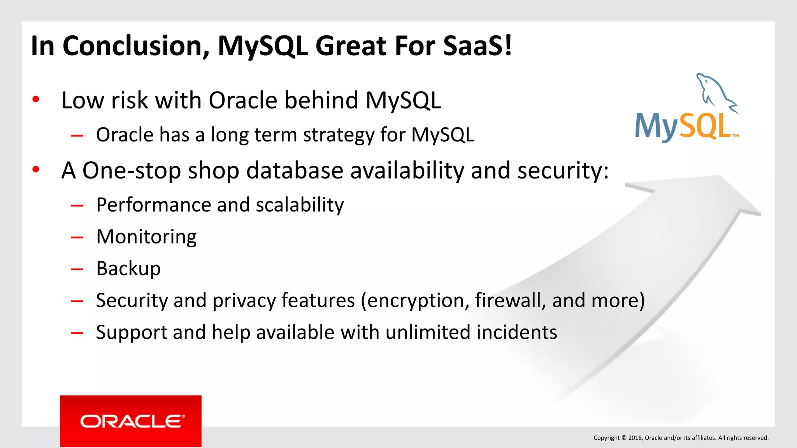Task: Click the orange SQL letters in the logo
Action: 704,127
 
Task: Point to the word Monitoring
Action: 146,237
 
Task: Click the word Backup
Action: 128,269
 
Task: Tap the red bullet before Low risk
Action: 36,100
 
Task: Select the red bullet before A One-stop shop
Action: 36,170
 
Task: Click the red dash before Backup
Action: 77,269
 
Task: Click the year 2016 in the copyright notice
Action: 635,438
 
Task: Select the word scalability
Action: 300,205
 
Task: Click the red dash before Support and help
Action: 77,333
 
